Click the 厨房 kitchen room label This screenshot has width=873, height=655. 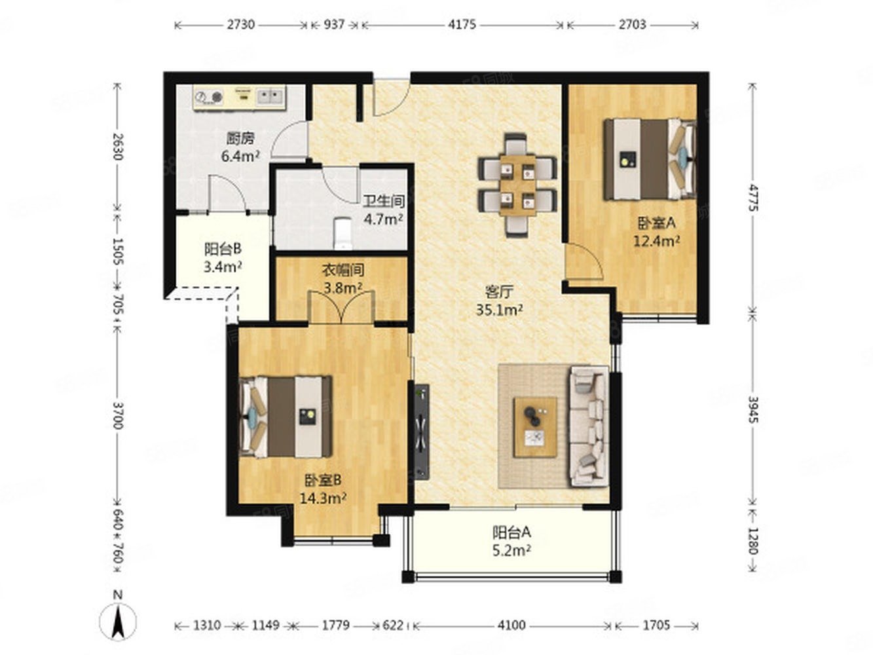click(240, 138)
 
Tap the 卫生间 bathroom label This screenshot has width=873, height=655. click(383, 201)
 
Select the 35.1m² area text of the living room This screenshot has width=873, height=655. click(499, 309)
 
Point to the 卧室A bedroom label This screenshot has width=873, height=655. click(656, 223)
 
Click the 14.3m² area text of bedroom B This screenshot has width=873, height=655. click(323, 498)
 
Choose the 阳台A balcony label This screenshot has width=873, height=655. click(511, 532)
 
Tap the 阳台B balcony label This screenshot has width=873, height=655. click(223, 249)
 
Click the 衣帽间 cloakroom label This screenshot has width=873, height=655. click(343, 271)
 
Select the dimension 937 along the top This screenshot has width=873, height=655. click(334, 25)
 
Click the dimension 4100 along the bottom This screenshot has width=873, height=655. click(511, 626)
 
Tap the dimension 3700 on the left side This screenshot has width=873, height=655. click(118, 415)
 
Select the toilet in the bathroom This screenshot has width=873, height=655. click(343, 233)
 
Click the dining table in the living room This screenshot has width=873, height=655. click(517, 185)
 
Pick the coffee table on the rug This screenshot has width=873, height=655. click(535, 427)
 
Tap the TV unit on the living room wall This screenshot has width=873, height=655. click(422, 432)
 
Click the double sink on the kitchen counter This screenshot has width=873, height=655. click(270, 96)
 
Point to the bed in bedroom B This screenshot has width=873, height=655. click(286, 417)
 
